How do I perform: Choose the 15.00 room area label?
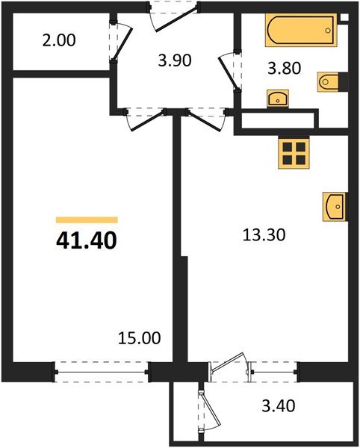[x=139, y=338]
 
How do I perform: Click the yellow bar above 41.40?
[x=87, y=220]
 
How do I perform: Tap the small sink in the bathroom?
[x=278, y=97]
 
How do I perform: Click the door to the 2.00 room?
[x=122, y=43]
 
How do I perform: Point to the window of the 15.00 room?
[x=102, y=368]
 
